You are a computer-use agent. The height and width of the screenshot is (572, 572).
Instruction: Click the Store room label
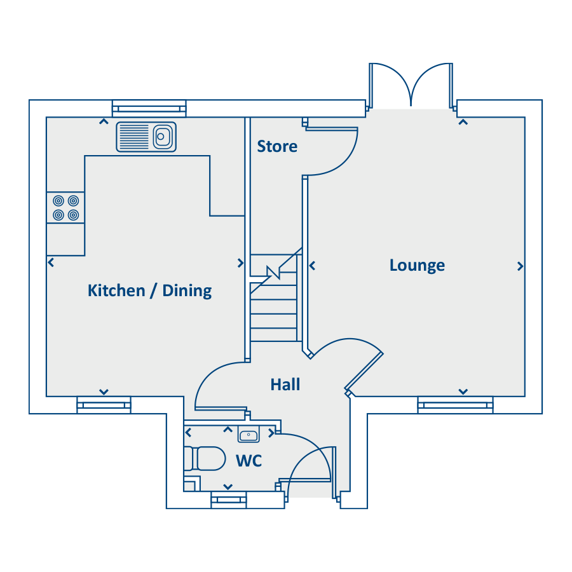point(277,146)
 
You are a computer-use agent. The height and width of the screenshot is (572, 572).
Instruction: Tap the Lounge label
point(418,265)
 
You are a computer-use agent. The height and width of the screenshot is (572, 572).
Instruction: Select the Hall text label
point(285,385)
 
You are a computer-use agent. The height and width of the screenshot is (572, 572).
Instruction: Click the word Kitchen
point(116,290)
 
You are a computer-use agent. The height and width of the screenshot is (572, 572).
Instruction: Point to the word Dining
point(187,291)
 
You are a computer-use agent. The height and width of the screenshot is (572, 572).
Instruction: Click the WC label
point(249,461)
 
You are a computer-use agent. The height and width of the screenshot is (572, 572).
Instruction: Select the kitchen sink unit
point(146,137)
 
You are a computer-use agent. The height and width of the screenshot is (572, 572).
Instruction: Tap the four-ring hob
point(65,208)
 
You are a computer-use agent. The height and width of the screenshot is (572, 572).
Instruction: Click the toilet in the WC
point(205,458)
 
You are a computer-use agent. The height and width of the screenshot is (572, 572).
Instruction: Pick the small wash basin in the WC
point(249,434)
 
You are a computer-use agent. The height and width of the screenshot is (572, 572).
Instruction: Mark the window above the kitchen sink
point(149,108)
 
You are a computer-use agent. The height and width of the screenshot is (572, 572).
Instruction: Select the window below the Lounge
point(455,405)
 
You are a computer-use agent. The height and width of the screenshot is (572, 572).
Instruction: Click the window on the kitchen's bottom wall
point(104,405)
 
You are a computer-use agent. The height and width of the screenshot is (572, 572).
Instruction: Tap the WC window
point(229,500)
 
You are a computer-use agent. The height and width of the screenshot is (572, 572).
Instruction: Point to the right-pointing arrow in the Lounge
point(520,266)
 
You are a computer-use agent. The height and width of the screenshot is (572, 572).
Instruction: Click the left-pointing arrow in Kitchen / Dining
point(51,262)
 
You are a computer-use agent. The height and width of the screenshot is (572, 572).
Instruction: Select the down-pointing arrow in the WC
point(228,487)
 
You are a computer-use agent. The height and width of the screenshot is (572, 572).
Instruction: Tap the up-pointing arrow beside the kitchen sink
point(104,121)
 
